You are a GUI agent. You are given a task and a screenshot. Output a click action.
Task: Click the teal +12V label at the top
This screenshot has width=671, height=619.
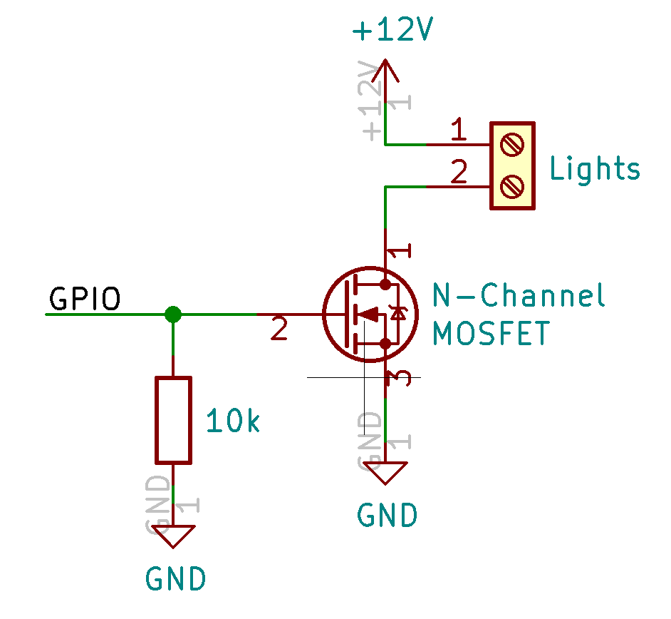coord(392,31)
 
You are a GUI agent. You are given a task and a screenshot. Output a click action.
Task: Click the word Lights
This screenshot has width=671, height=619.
coord(595,169)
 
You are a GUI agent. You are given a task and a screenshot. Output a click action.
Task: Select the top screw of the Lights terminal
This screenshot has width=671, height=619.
coord(512,145)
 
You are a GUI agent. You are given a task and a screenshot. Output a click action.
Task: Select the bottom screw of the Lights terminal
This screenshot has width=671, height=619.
coord(512,187)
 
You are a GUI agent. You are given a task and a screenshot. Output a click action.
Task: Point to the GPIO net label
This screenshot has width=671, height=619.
coord(84,300)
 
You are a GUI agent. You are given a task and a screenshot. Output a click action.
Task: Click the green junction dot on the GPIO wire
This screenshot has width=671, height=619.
coord(172,314)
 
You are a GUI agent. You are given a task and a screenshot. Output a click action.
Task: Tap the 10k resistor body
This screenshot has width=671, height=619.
coord(173,420)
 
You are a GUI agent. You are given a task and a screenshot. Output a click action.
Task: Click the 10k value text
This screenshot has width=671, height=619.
coord(232,422)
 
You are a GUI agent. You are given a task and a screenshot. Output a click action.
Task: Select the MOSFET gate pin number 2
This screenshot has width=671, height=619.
coord(279,329)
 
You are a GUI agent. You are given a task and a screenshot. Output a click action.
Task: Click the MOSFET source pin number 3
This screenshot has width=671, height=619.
coord(401,378)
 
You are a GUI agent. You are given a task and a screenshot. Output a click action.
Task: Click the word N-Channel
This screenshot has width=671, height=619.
coord(519,295)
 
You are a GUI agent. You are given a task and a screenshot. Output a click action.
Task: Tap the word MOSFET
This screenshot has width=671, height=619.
coord(491,333)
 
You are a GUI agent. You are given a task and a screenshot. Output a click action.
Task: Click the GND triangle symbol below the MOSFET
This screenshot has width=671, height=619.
coord(385,471)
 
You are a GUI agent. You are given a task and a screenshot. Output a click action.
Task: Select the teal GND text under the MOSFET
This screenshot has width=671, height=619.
coord(387,515)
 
